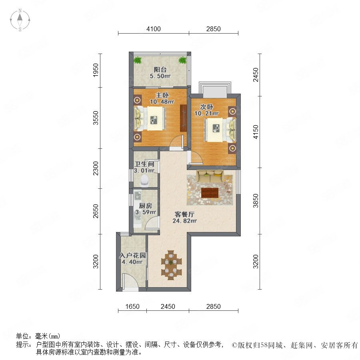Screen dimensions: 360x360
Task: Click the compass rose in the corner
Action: click(20, 20)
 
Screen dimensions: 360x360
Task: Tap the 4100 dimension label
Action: click(154, 29)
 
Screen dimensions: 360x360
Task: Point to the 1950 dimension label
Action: click(96, 70)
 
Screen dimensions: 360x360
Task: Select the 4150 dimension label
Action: click(256, 132)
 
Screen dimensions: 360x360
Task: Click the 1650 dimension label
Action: click(132, 306)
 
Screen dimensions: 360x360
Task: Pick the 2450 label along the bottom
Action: click(168, 306)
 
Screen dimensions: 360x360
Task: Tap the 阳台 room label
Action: click(160, 69)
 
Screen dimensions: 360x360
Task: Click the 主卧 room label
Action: click(162, 95)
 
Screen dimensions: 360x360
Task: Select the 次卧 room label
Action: click(207, 107)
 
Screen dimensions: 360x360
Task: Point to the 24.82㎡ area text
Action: click(184, 221)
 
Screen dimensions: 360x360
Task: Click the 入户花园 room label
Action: click(132, 255)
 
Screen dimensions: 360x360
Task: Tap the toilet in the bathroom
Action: click(145, 180)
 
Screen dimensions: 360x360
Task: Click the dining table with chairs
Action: click(171, 265)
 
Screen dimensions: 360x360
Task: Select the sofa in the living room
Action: click(210, 176)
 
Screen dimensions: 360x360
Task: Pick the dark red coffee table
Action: click(210, 193)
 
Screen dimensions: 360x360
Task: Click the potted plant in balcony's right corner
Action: click(182, 60)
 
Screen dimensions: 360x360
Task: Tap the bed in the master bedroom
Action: click(150, 119)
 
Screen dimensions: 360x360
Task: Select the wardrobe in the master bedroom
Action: click(183, 118)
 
